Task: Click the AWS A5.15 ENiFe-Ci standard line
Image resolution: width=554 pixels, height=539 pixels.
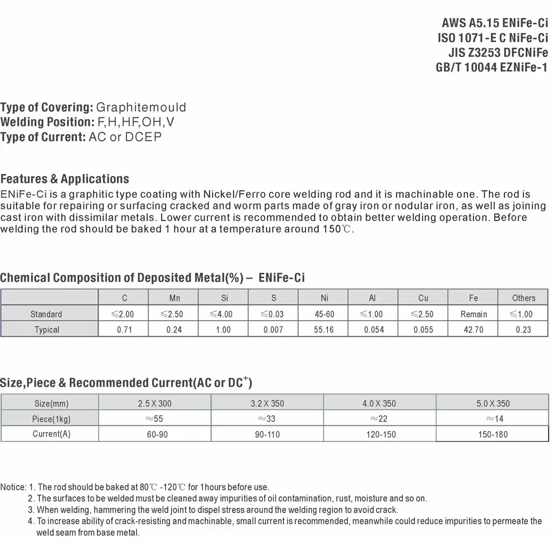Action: click(495, 23)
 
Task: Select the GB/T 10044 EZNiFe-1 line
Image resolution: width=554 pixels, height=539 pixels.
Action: click(492, 67)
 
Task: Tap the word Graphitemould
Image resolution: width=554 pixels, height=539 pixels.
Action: click(141, 107)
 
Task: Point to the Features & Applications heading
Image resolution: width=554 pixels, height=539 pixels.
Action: click(65, 179)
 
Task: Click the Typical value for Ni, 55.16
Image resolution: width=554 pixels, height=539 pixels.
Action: click(324, 330)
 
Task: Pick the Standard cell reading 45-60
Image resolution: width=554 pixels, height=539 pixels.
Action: click(324, 314)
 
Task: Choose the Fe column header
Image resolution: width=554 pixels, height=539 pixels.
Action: click(473, 298)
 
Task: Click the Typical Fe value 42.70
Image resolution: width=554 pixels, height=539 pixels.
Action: click(473, 330)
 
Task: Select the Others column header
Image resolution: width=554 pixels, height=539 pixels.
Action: click(524, 298)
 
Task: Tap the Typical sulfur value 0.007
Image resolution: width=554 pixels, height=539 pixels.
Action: click(274, 330)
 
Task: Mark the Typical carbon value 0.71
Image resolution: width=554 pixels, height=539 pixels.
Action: click(125, 330)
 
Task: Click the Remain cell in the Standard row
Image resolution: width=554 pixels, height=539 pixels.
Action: click(473, 314)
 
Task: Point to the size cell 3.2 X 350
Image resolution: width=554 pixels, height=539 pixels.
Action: click(267, 403)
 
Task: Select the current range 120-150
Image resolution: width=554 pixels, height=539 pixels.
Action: click(381, 434)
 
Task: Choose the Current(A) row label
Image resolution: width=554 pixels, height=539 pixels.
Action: click(52, 434)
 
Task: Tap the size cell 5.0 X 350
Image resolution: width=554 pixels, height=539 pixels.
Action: click(493, 403)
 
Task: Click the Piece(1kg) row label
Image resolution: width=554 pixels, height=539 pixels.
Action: click(52, 419)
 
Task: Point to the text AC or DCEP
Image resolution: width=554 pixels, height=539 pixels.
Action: click(125, 137)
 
